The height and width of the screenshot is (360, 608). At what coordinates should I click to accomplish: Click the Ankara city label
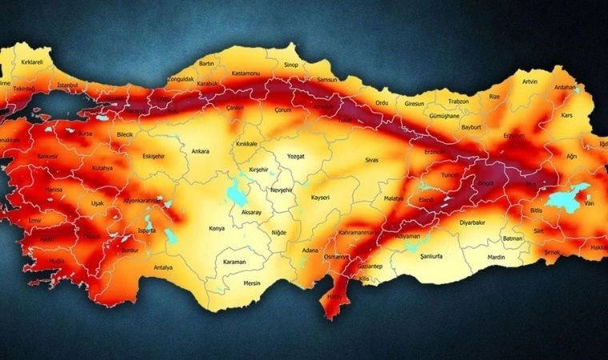point(199,150)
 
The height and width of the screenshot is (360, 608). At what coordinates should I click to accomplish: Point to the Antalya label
point(163,267)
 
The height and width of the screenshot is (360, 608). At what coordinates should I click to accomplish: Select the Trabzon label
point(458,102)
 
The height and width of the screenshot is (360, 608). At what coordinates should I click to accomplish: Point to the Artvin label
point(530,82)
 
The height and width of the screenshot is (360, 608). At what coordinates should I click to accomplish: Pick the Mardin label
point(497,258)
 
